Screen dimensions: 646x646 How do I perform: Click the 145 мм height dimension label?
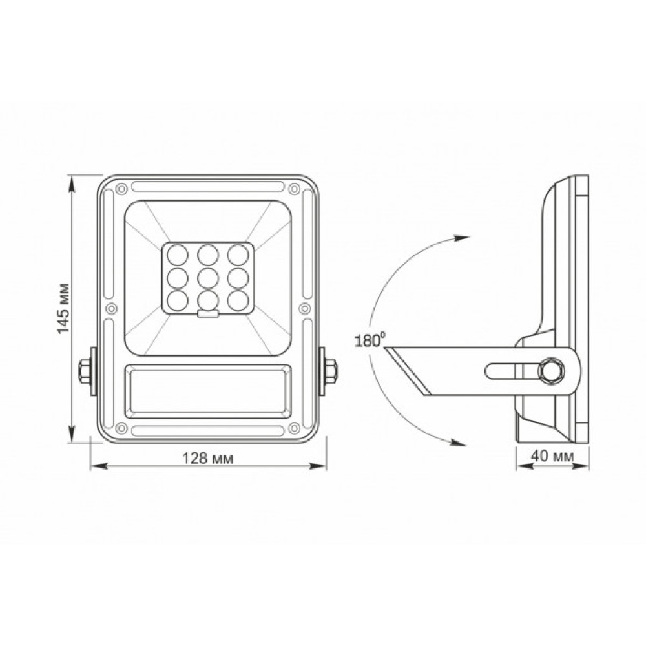pos(63,310)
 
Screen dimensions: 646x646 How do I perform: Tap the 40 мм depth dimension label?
pos(552,455)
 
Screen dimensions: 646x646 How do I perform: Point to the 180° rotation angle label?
pos(370,340)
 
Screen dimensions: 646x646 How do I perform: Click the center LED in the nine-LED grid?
pos(207,277)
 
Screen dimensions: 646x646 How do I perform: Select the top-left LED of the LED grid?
pos(177,253)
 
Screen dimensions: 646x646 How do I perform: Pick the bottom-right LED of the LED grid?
pos(238,299)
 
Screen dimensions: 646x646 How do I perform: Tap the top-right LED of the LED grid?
pos(238,253)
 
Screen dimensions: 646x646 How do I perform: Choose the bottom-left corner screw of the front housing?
pos(120,428)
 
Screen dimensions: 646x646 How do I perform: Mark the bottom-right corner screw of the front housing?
pos(295,428)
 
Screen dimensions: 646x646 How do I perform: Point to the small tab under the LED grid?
pos(207,315)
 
